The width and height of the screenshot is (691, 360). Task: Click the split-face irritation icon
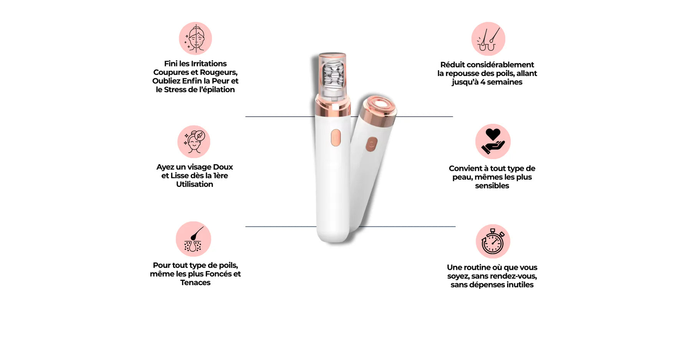click(x=195, y=38)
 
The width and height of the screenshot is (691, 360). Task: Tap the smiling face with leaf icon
click(x=194, y=142)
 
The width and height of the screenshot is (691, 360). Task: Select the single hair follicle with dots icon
click(x=193, y=239)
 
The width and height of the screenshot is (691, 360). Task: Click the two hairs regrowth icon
click(x=488, y=39)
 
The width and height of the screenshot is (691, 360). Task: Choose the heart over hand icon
click(x=493, y=142)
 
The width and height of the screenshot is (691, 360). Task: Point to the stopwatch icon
click(x=493, y=241)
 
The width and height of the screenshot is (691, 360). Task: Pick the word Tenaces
click(x=195, y=283)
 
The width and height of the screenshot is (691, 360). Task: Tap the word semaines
click(x=504, y=82)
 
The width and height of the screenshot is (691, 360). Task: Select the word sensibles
click(x=492, y=186)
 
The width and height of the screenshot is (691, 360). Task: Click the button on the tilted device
click(x=371, y=145)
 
